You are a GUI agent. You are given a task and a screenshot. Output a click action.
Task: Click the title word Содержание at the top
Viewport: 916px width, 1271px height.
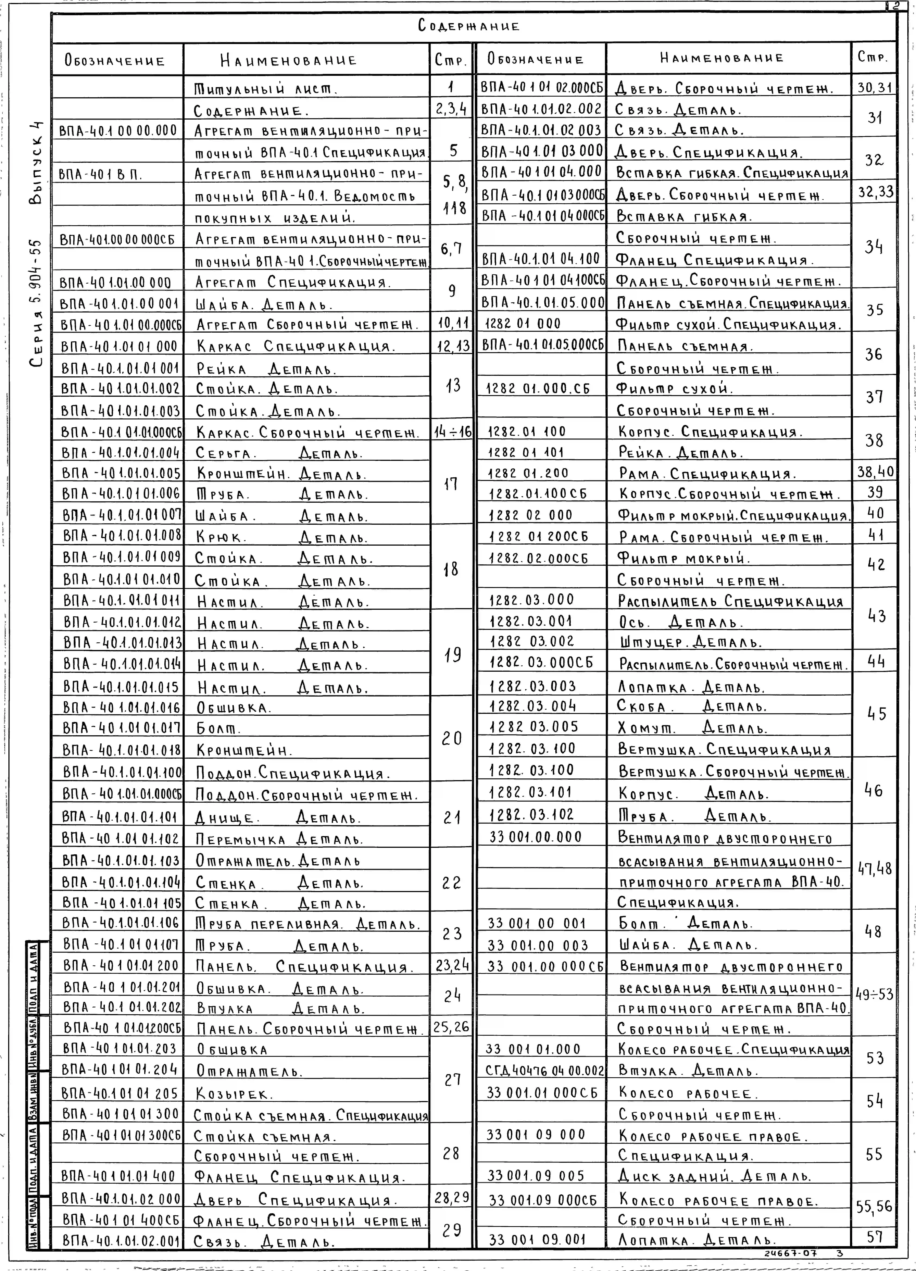[468, 26]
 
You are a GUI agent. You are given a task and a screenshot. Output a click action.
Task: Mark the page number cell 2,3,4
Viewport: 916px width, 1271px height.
[452, 109]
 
